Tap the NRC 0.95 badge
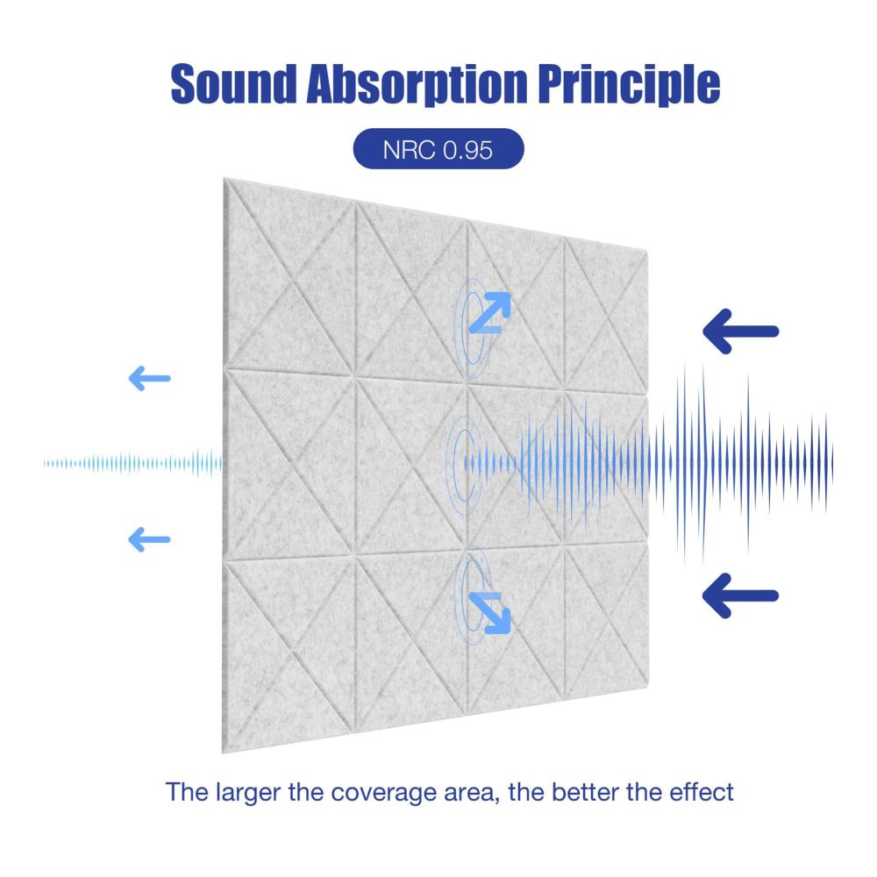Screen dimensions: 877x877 pyautogui.click(x=438, y=149)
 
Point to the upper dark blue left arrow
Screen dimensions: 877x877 pyautogui.click(x=740, y=332)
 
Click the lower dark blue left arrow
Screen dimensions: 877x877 pyautogui.click(x=740, y=595)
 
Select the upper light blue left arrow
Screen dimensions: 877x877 pyautogui.click(x=149, y=379)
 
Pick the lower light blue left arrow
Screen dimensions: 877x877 pyautogui.click(x=149, y=539)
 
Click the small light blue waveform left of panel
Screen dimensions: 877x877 pyautogui.click(x=132, y=464)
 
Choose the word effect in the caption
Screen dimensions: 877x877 pyautogui.click(x=702, y=792)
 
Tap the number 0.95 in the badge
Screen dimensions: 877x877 pyautogui.click(x=467, y=149)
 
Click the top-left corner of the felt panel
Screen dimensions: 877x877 pyautogui.click(x=224, y=178)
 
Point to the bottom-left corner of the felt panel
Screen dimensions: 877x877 pyautogui.click(x=223, y=752)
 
